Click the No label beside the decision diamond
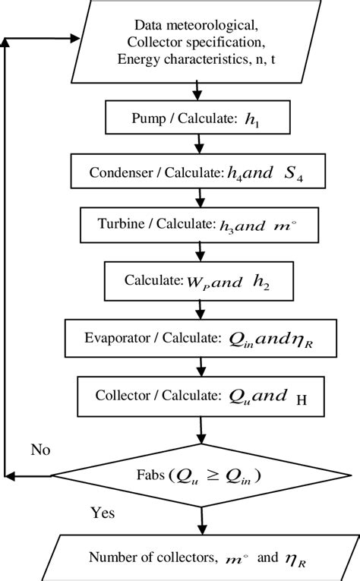click(x=40, y=450)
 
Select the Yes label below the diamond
click(x=102, y=513)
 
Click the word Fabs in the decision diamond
click(x=153, y=476)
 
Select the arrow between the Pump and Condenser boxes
click(x=198, y=145)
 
